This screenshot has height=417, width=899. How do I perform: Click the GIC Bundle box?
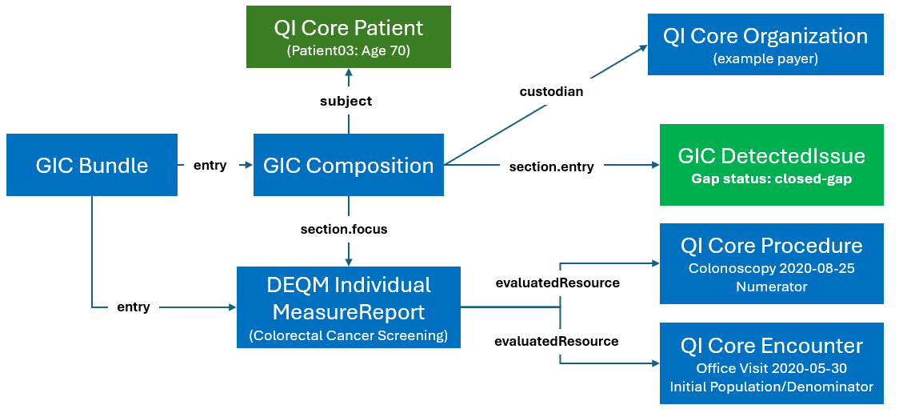tap(92, 165)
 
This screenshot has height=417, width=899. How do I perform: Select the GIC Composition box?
tap(348, 165)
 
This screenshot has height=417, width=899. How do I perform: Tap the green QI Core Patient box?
tap(348, 37)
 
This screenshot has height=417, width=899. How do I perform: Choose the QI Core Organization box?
tap(765, 45)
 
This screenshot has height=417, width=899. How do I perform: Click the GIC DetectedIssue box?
tap(771, 166)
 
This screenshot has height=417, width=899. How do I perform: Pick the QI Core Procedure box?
tap(771, 264)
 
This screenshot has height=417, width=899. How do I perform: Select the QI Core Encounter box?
tap(771, 364)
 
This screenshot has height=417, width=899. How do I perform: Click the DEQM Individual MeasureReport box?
tap(348, 307)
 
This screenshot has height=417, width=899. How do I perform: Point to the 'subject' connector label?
tap(346, 101)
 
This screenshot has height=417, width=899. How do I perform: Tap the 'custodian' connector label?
tap(551, 91)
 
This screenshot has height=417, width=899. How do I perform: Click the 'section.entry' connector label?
tap(551, 166)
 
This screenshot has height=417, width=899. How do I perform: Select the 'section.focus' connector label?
tap(344, 229)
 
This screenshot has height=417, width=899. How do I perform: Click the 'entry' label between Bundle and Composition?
tap(210, 166)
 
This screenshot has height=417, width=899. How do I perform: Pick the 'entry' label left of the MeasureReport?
tap(133, 307)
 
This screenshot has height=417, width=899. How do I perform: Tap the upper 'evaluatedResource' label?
tap(557, 283)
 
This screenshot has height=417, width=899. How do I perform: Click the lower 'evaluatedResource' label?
tap(557, 341)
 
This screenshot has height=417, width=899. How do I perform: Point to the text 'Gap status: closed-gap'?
tap(771, 178)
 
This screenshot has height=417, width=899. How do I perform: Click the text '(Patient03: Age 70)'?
tap(348, 50)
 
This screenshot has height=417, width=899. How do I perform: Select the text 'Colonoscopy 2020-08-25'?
tap(771, 268)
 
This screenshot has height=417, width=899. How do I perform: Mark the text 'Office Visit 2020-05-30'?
tap(771, 368)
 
